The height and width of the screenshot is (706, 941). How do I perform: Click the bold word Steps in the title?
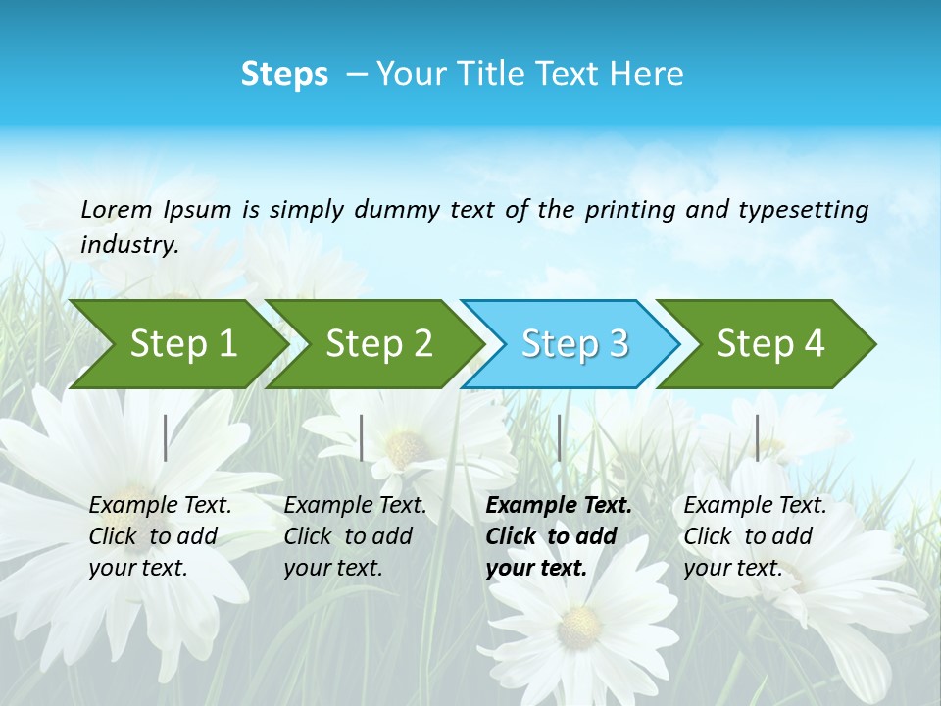click(x=284, y=75)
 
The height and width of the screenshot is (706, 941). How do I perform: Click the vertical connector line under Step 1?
click(x=166, y=437)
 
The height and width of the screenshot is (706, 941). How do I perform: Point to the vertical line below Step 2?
click(x=362, y=437)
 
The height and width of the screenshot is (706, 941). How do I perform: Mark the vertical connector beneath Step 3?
click(x=559, y=437)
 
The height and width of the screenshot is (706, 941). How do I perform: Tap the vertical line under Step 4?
click(x=757, y=437)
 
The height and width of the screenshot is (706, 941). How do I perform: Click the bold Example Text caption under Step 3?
click(x=557, y=536)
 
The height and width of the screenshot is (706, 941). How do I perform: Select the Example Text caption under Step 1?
click(x=160, y=536)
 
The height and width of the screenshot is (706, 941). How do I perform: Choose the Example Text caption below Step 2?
click(x=355, y=536)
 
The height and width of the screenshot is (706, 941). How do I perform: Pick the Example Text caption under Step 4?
click(x=754, y=536)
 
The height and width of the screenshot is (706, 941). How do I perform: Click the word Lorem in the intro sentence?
click(x=117, y=209)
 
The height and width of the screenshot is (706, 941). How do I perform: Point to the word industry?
click(x=129, y=245)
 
